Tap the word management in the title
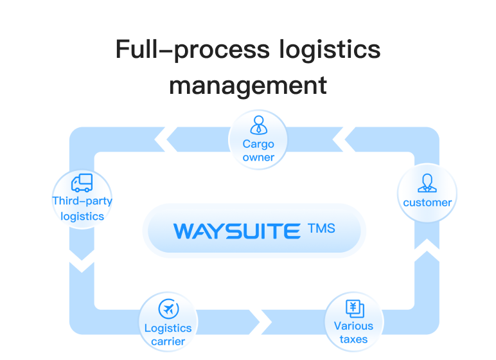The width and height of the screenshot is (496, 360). [248, 85]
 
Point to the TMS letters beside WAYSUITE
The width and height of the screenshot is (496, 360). [321, 228]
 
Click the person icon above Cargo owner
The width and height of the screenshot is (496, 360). [258, 125]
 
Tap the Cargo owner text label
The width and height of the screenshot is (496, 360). [258, 150]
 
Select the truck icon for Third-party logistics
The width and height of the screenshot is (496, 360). [82, 183]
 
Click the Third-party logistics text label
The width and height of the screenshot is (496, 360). [82, 208]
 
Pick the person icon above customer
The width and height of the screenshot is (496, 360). [427, 183]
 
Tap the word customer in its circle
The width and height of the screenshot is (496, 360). [427, 203]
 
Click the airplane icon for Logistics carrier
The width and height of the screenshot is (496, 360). [168, 309]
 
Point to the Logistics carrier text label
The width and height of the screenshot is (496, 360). [168, 334]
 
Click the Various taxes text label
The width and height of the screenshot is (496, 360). [353, 332]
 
